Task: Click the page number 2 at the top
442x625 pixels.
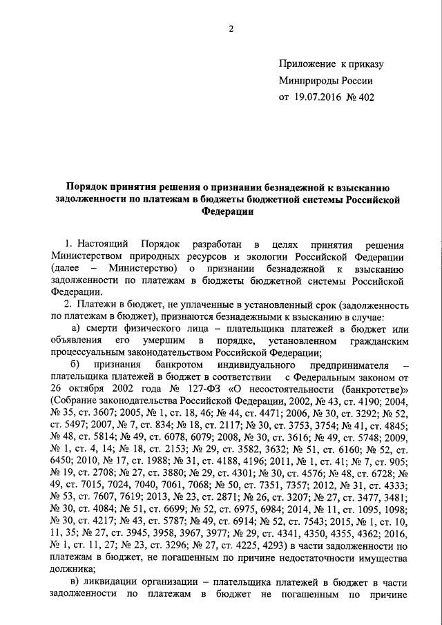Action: (232, 28)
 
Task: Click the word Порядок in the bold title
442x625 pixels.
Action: (87, 186)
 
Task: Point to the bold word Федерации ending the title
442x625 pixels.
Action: (222, 212)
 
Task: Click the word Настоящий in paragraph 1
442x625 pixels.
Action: (104, 244)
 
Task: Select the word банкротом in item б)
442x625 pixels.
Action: (179, 365)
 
